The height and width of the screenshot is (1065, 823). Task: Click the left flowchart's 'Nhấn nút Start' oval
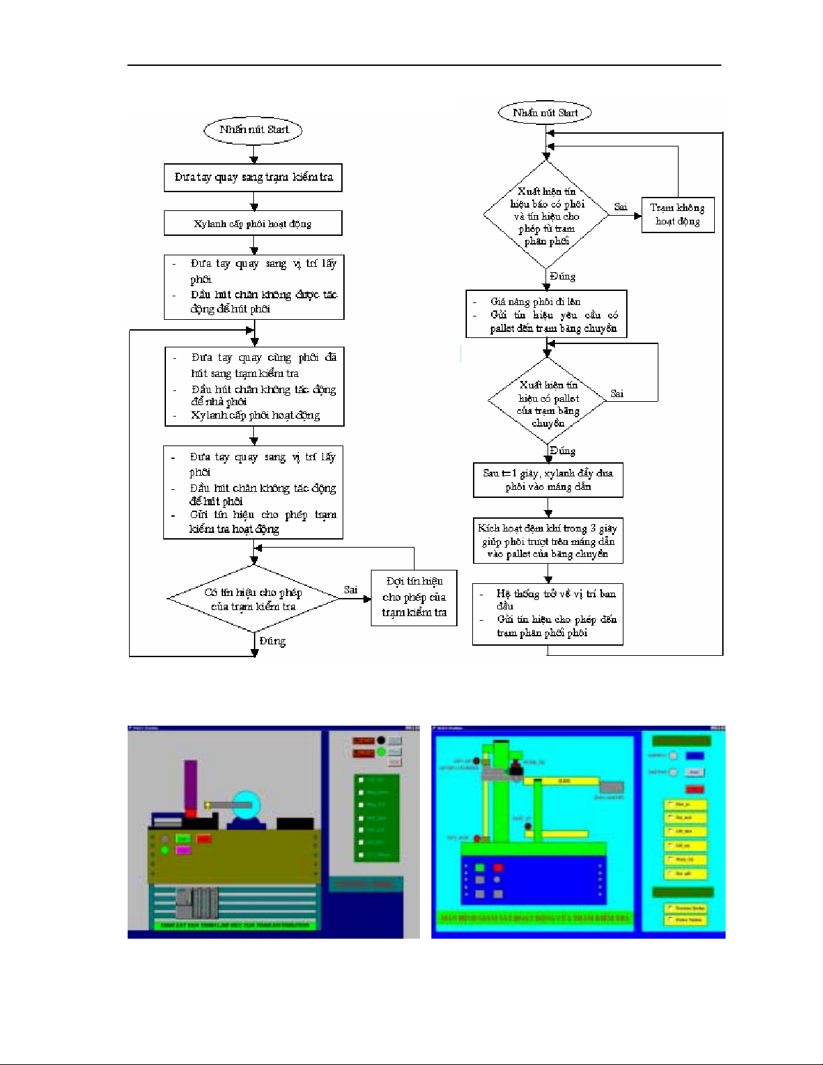(x=253, y=130)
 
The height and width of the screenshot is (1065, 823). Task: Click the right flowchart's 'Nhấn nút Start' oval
(x=545, y=113)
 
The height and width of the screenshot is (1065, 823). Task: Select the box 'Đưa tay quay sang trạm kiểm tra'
(x=253, y=177)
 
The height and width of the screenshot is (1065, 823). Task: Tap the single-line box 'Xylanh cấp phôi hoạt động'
(x=253, y=224)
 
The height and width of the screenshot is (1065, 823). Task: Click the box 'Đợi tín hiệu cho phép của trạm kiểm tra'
(x=414, y=597)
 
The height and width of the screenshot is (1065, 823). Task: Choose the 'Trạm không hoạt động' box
(x=677, y=215)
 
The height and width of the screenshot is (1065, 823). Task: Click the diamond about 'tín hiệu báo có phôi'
(x=547, y=216)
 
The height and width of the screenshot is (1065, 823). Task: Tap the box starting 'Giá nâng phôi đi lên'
(x=546, y=314)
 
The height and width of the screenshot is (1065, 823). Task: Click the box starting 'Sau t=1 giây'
(x=548, y=480)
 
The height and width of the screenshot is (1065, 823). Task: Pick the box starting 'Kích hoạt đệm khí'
(x=548, y=541)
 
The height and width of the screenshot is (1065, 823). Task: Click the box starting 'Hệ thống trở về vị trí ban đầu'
(x=548, y=613)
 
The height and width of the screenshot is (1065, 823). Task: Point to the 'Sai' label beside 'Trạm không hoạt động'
(x=621, y=207)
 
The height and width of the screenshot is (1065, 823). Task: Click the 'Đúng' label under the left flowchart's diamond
(x=272, y=641)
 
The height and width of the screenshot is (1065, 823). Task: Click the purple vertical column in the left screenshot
(x=191, y=783)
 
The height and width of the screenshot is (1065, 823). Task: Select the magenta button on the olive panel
(x=183, y=850)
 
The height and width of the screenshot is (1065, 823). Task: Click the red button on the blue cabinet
(x=499, y=867)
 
